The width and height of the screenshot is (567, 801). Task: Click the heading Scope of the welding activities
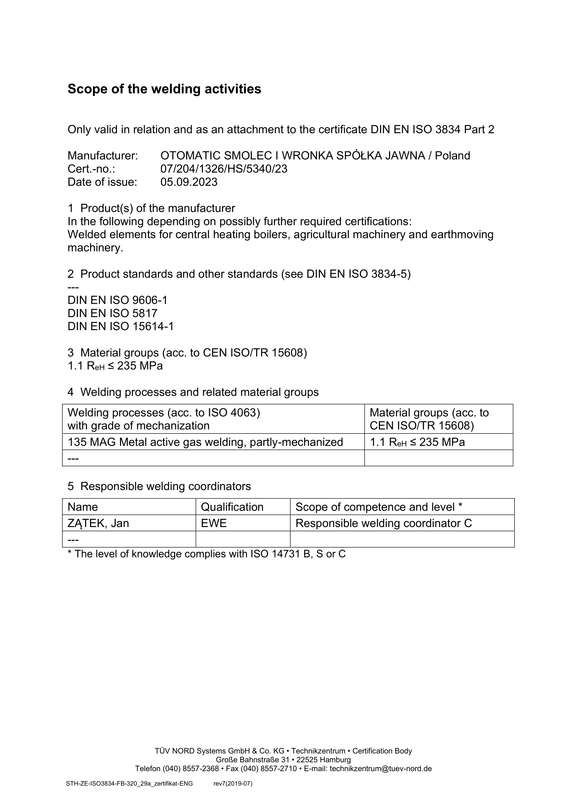click(164, 89)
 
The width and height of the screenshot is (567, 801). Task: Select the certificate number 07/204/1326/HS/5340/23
click(224, 169)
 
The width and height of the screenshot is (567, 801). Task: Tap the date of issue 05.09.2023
click(189, 182)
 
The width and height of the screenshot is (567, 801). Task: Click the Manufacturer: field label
click(102, 155)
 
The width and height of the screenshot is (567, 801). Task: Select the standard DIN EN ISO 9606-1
click(118, 300)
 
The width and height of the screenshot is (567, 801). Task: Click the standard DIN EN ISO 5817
click(112, 313)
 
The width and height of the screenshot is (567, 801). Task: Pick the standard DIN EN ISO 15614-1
click(120, 327)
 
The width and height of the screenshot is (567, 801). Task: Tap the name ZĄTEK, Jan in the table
click(98, 523)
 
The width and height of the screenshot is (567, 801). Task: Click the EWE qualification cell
click(214, 523)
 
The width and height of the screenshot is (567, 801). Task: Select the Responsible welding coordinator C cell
click(383, 523)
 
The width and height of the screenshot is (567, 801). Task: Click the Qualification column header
click(232, 507)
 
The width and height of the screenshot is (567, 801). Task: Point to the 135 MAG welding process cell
click(205, 442)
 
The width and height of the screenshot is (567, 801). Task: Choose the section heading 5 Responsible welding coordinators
click(159, 486)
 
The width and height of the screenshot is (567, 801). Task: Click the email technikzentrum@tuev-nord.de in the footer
click(381, 769)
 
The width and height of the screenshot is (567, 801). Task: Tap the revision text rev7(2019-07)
click(232, 784)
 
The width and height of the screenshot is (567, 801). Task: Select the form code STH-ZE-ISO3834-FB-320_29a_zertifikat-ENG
click(129, 784)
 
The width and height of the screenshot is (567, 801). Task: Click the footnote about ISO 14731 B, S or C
click(206, 554)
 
